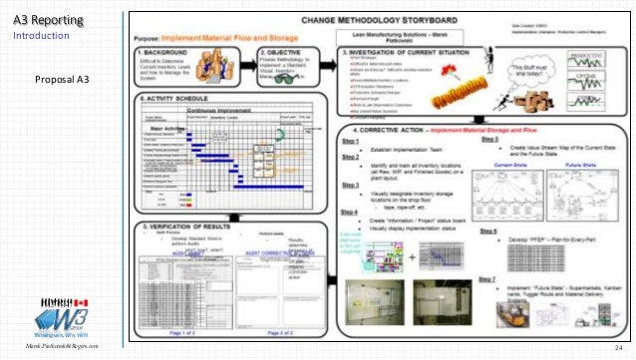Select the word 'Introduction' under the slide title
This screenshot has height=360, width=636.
[x=41, y=36]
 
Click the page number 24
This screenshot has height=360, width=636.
[x=619, y=346]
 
